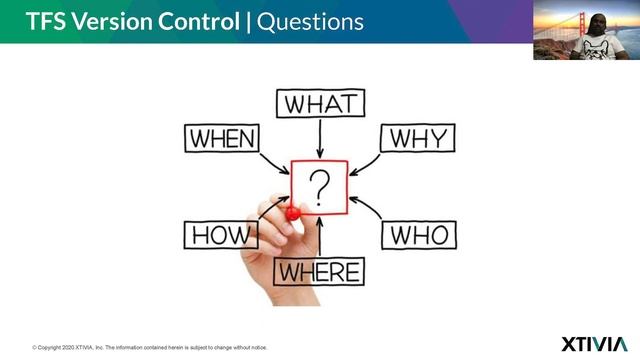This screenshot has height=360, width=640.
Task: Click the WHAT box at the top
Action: [x=320, y=103]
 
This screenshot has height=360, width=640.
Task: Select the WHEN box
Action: [x=222, y=137]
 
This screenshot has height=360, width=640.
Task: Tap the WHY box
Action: [x=417, y=137]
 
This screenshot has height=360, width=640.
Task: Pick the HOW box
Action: [x=220, y=236]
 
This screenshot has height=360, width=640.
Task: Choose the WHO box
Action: [x=418, y=236]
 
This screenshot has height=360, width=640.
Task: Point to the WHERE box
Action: [x=319, y=271]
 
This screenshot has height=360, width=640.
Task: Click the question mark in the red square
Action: [x=320, y=186]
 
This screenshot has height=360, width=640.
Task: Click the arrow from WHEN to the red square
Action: [x=273, y=163]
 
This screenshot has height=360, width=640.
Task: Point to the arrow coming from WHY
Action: [x=366, y=163]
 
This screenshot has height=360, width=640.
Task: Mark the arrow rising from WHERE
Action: [x=320, y=238]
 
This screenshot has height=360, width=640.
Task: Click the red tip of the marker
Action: [x=292, y=213]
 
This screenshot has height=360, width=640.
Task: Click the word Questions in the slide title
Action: [x=311, y=21]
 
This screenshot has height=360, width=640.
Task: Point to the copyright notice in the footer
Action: [x=150, y=346]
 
